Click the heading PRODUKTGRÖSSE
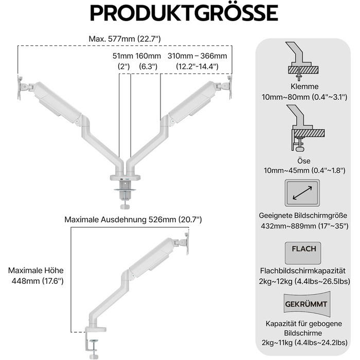[184, 13]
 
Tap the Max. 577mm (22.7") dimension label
[124, 39]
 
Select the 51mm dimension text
[123, 56]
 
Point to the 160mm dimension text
[148, 56]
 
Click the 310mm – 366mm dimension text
[197, 56]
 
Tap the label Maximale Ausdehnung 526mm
[120, 220]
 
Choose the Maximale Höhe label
[36, 270]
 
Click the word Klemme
[304, 86]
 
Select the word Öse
[304, 160]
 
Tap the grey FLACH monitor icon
[303, 253]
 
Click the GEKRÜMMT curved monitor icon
[307, 304]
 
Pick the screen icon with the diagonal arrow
[302, 193]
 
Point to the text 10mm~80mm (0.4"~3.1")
[304, 97]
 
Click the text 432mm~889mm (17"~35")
[304, 226]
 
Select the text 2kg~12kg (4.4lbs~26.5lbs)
[304, 281]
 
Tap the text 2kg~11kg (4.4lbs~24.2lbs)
[304, 343]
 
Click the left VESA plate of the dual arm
[19, 87]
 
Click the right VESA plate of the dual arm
[230, 87]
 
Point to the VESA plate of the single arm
[187, 243]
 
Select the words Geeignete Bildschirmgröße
[303, 215]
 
